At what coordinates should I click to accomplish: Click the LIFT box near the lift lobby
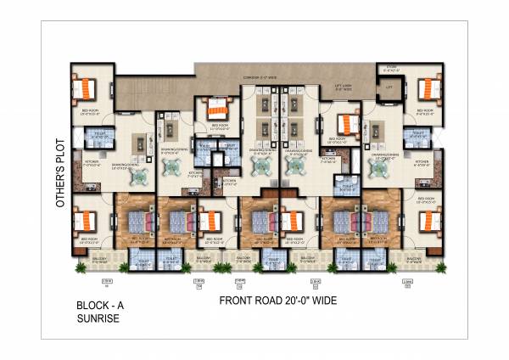click(x=390, y=87)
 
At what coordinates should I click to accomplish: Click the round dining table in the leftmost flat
click(x=142, y=174)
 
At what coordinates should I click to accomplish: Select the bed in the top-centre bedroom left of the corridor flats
click(x=217, y=108)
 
